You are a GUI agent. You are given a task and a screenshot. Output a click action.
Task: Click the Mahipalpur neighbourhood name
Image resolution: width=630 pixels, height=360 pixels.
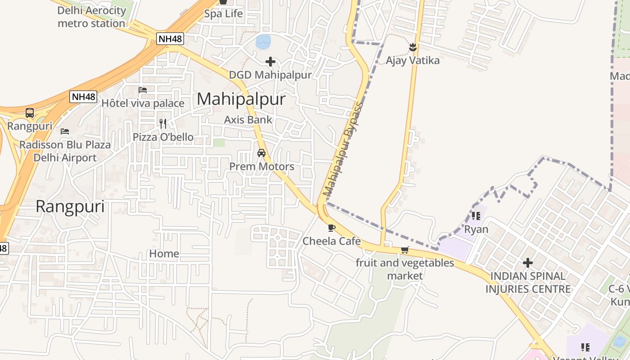click(x=241, y=99)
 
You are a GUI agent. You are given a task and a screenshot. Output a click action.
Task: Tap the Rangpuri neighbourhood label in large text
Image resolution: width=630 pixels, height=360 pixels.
click(x=70, y=207)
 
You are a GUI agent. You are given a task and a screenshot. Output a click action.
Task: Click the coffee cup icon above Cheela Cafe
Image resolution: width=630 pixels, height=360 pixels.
click(x=332, y=228)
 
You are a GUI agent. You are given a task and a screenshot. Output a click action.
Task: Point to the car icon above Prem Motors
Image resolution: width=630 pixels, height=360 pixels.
click(x=261, y=153)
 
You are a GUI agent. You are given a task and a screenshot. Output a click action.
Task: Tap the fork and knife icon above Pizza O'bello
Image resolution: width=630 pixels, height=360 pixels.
click(x=163, y=123)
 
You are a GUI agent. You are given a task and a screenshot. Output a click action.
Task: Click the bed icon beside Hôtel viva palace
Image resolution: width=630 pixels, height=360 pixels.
click(x=143, y=90)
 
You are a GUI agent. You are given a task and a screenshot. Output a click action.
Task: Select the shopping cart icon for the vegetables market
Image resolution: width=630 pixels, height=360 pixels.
click(x=405, y=250)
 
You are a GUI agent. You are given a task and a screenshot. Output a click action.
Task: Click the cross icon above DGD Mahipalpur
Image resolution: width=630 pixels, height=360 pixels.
click(x=270, y=62)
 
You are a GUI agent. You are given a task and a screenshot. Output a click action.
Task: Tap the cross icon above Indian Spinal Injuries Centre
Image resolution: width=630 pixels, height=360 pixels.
click(x=528, y=262)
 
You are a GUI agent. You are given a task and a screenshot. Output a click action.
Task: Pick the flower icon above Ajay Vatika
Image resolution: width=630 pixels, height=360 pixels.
click(x=413, y=47)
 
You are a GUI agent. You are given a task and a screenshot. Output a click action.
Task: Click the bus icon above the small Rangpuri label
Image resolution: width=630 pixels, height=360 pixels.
click(x=30, y=113)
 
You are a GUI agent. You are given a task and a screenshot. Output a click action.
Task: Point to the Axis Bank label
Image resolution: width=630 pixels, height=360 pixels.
click(x=248, y=120)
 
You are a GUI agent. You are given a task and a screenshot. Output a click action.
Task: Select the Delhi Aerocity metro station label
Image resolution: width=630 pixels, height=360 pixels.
click(x=91, y=17)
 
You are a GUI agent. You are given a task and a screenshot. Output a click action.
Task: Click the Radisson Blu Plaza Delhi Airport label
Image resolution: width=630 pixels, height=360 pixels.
click(x=65, y=151)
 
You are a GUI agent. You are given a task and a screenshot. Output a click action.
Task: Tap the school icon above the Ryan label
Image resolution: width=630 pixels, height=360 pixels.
click(x=476, y=216)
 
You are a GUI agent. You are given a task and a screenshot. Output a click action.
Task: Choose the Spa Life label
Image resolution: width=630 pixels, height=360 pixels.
click(x=223, y=13)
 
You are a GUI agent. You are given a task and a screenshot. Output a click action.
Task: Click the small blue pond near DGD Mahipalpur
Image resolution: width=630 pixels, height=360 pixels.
click(x=263, y=41)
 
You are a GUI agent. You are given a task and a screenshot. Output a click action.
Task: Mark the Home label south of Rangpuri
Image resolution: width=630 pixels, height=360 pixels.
click(x=164, y=254)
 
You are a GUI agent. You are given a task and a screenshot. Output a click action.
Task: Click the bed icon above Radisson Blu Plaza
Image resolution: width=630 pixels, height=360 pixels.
click(x=65, y=131)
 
